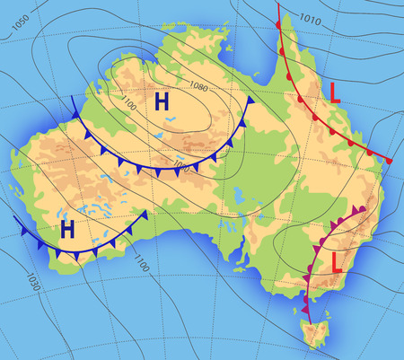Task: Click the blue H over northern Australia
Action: pos(162,101)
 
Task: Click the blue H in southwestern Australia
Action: pos(67,229)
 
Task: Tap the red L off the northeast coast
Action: pos(335,92)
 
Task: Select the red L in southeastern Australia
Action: pos(338,263)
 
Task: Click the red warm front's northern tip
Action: pos(279,5)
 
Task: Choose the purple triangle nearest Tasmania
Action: pos(309,305)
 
